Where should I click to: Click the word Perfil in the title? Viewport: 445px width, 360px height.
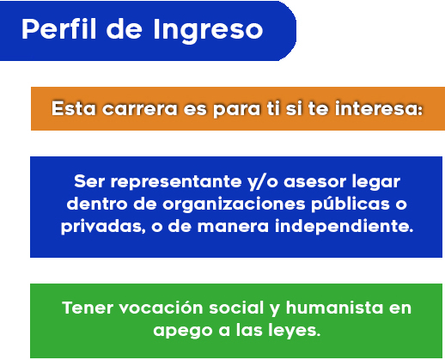58,28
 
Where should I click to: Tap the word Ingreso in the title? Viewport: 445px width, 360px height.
208,31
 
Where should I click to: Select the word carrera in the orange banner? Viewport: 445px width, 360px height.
140,109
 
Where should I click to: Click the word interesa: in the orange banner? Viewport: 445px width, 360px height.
379,108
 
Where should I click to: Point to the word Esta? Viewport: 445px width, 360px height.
74,108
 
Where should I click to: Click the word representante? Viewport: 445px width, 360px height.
176,181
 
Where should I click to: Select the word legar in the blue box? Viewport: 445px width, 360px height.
376,182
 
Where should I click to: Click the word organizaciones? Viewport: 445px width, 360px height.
234,204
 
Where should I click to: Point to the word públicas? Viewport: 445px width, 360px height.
351,204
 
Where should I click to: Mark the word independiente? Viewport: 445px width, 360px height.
344,226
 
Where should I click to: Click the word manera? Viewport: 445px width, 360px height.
234,227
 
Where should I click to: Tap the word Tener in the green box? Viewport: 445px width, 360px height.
88,308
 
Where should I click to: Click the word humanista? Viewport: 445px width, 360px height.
334,308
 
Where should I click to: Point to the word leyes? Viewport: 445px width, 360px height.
295,331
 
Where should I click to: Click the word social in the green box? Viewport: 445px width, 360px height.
236,308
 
